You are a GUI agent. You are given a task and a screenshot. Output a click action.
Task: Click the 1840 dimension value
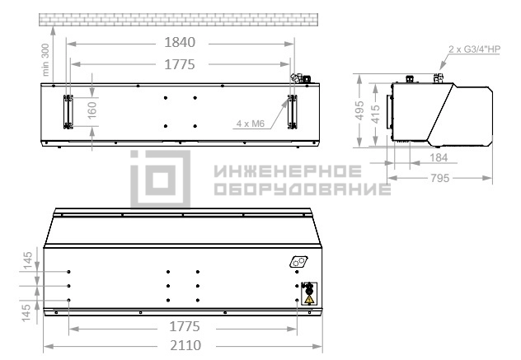click(x=180, y=43)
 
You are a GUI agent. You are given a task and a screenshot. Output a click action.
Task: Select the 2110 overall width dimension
click(x=185, y=345)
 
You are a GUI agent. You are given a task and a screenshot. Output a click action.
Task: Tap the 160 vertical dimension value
click(x=92, y=110)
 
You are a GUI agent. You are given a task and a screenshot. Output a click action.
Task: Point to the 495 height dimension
click(x=359, y=110)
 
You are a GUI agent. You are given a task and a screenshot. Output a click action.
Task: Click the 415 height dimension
click(x=375, y=114)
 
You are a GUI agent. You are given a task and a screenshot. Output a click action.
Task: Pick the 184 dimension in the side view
click(x=439, y=157)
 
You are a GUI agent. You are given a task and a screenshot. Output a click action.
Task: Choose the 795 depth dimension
click(x=439, y=178)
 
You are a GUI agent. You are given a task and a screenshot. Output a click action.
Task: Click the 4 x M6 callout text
click(x=251, y=124)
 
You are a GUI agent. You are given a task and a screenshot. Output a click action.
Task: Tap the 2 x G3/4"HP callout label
click(x=474, y=49)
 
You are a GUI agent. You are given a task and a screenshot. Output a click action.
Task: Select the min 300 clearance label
click(x=45, y=60)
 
